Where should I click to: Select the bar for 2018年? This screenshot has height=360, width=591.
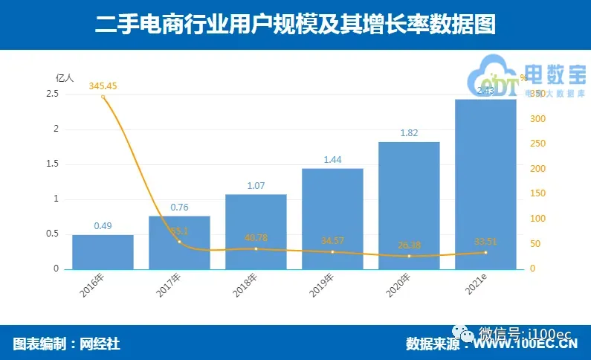(256, 231)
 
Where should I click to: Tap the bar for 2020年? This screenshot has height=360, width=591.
(409, 205)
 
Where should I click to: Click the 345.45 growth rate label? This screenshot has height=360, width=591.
(103, 86)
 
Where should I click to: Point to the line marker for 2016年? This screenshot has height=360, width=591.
(103, 97)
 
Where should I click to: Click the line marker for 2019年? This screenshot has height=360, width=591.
(332, 251)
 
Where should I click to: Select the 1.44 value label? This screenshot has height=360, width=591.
(332, 160)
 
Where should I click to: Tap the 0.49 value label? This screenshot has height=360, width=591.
(103, 225)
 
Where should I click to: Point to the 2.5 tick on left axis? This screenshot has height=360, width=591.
(52, 94)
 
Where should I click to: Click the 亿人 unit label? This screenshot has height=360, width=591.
(65, 77)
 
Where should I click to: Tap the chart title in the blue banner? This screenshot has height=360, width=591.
(295, 25)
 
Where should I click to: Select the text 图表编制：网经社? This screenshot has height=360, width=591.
(66, 343)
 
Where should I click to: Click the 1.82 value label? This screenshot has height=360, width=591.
(409, 133)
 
